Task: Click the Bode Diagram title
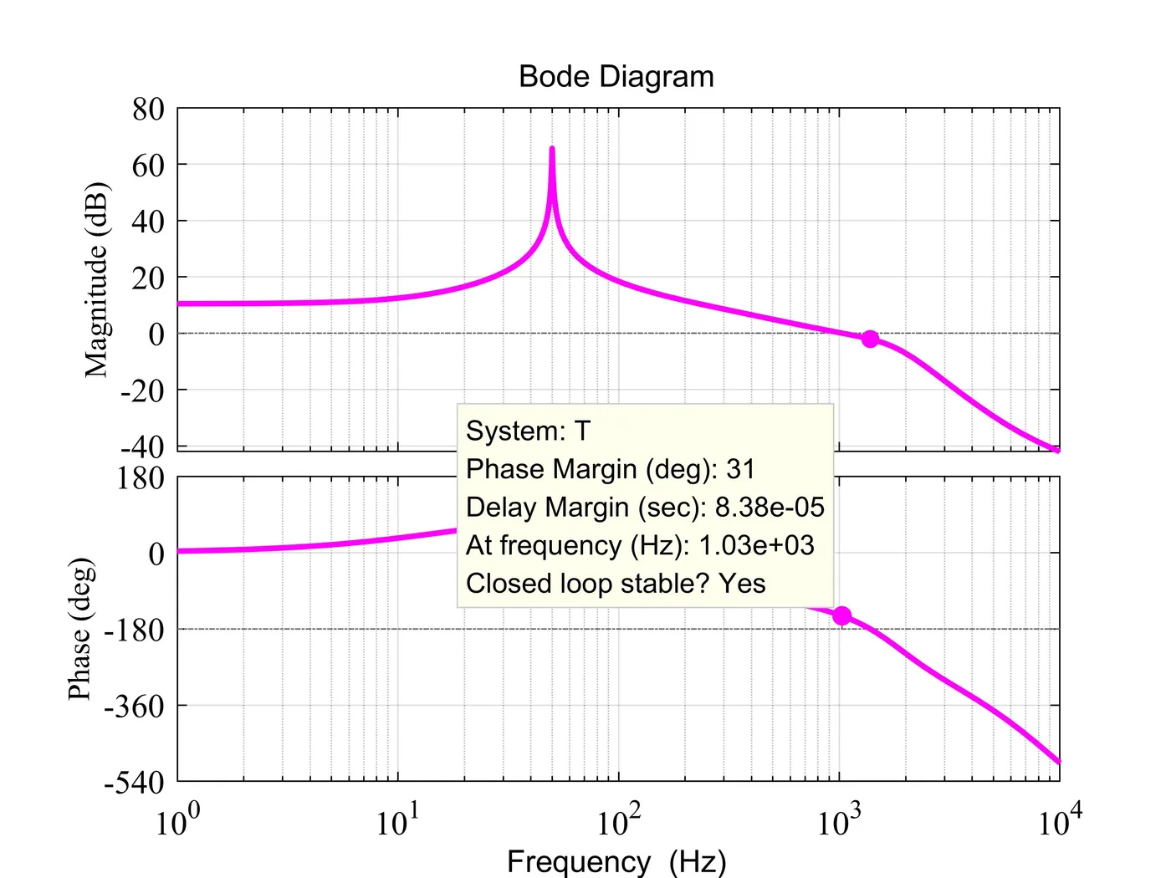point(616,77)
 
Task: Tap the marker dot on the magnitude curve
point(870,339)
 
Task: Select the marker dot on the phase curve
point(841,615)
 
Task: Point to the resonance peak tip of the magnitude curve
point(552,149)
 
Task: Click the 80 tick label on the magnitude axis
point(148,109)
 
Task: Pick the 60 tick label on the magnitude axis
point(148,166)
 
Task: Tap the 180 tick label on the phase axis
point(142,478)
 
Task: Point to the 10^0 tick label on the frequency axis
point(178,821)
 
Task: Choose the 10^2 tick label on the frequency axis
point(619,821)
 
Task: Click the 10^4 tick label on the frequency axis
point(1060,821)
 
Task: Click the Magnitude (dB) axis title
point(97,279)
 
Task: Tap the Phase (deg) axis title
point(80,629)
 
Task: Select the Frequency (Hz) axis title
point(616,861)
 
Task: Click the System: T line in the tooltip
point(528,431)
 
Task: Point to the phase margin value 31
point(740,469)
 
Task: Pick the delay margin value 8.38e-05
point(770,508)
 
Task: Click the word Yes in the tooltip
point(742,584)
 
